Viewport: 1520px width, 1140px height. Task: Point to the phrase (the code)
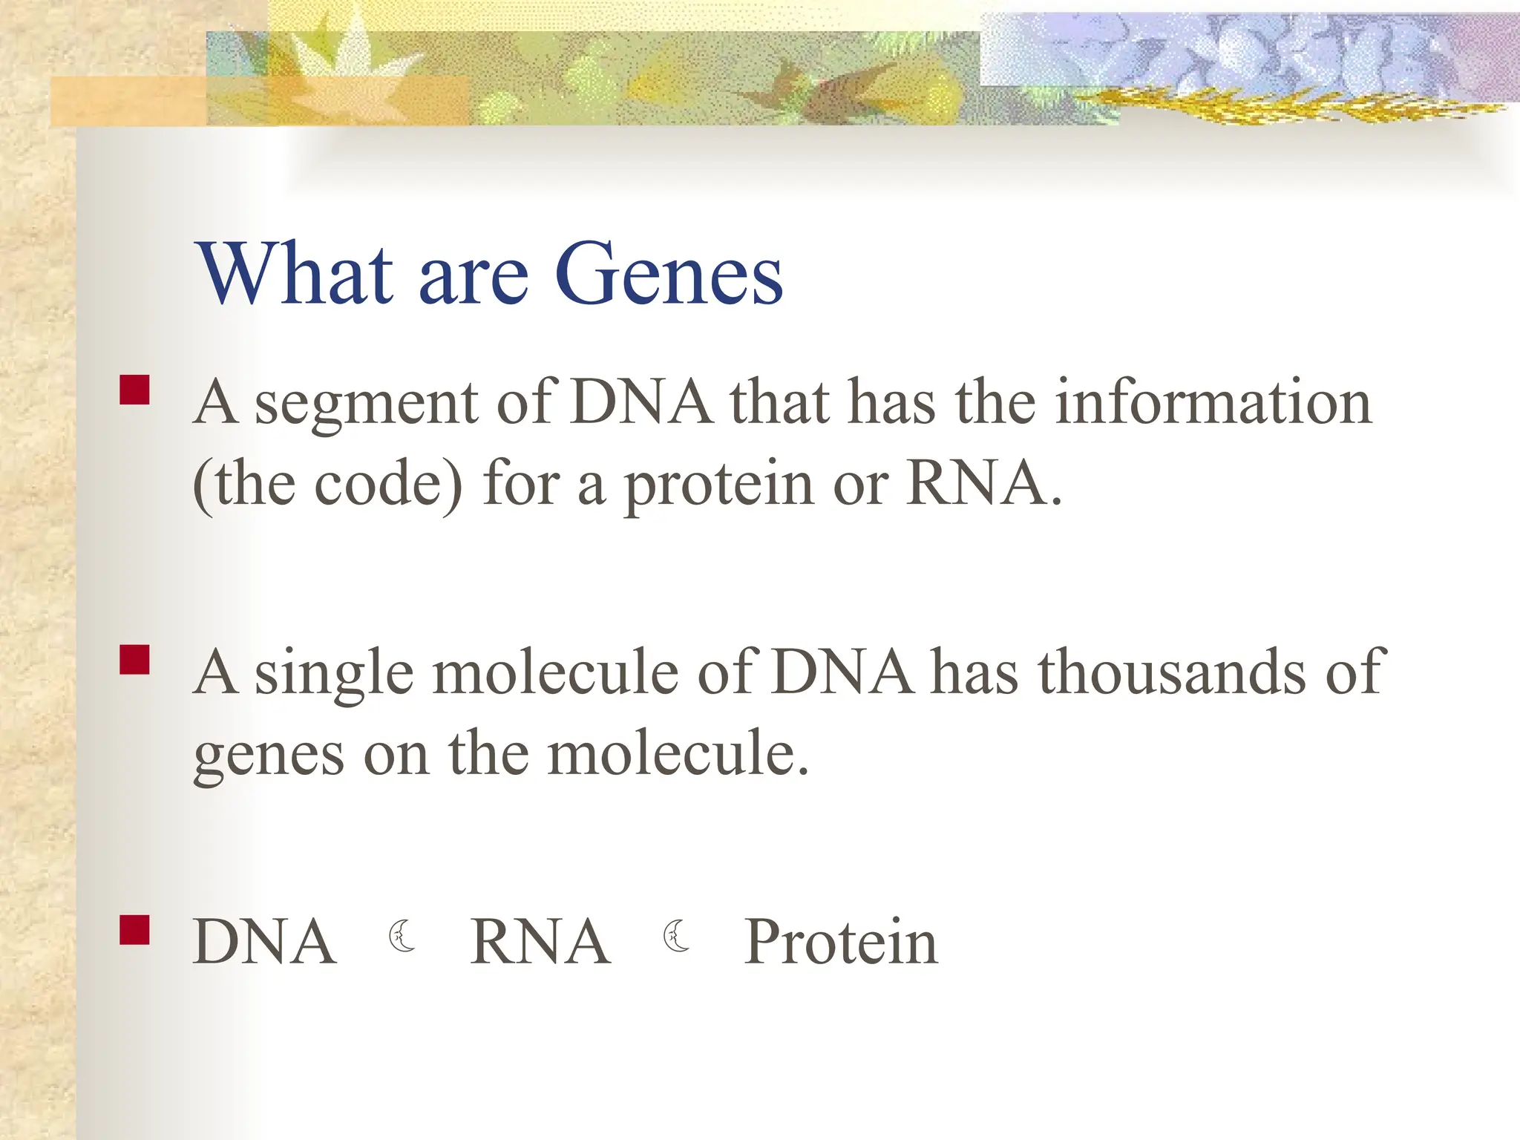coord(327,484)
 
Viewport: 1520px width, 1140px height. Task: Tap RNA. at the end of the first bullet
coord(984,484)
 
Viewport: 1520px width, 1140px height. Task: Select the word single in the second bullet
coord(334,674)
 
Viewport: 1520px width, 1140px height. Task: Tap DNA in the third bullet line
coord(264,942)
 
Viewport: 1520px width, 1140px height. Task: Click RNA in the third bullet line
coord(540,942)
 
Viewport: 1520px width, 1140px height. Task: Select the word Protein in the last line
coord(841,942)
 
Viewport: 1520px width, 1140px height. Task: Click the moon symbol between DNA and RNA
coord(402,936)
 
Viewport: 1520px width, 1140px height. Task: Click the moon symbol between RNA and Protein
coord(675,936)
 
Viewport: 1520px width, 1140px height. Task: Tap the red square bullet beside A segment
coord(134,390)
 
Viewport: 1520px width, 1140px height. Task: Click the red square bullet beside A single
coord(134,659)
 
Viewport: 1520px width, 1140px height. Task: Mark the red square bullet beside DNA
coord(134,929)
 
